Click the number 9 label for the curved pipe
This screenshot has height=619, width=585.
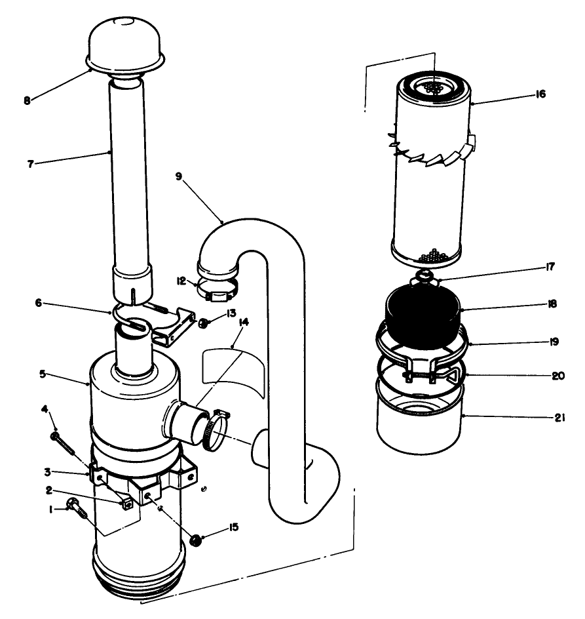(x=179, y=176)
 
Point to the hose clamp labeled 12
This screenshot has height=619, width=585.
(x=216, y=289)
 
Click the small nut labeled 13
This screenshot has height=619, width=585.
(x=204, y=323)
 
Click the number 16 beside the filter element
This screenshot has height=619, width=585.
(x=539, y=94)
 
